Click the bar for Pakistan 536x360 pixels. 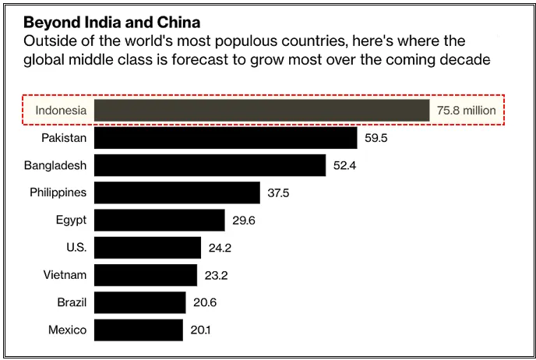pos(226,138)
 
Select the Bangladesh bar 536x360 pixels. pos(210,165)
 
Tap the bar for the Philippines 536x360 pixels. pos(177,192)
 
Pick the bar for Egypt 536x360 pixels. pos(159,221)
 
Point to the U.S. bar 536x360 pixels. pos(147,248)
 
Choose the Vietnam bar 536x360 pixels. pos(145,275)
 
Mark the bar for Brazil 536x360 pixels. pos(139,302)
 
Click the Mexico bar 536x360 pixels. pos(138,330)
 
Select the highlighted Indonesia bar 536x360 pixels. pos(262,111)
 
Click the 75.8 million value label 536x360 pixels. pos(466,111)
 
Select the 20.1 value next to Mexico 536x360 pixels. pos(200,330)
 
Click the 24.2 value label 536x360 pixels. pos(220,248)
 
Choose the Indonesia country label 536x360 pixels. pos(61,111)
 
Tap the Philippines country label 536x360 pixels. pos(58,192)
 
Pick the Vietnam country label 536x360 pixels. pos(65,275)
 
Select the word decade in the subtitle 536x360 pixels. pos(464,60)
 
